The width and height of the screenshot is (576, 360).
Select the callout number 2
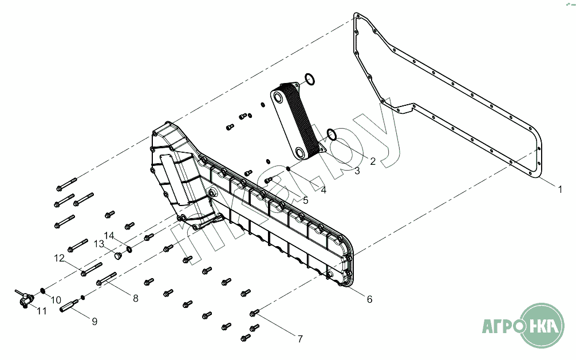[372, 161]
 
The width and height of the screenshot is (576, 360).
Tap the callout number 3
[357, 171]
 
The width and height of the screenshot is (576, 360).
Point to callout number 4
[323, 190]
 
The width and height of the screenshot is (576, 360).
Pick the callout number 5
[305, 200]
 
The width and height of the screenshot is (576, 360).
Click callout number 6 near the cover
[369, 299]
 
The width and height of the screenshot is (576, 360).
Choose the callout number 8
[136, 298]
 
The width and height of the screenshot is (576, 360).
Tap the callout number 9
[94, 321]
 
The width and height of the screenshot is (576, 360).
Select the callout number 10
[56, 299]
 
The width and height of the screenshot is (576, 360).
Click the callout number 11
[42, 311]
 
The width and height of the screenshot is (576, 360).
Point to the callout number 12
[59, 258]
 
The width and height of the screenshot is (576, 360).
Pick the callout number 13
[99, 244]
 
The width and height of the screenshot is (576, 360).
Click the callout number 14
[109, 235]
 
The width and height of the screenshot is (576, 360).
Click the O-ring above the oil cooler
[309, 79]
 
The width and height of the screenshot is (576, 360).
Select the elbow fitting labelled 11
[25, 297]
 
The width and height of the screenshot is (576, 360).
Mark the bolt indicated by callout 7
[255, 312]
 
